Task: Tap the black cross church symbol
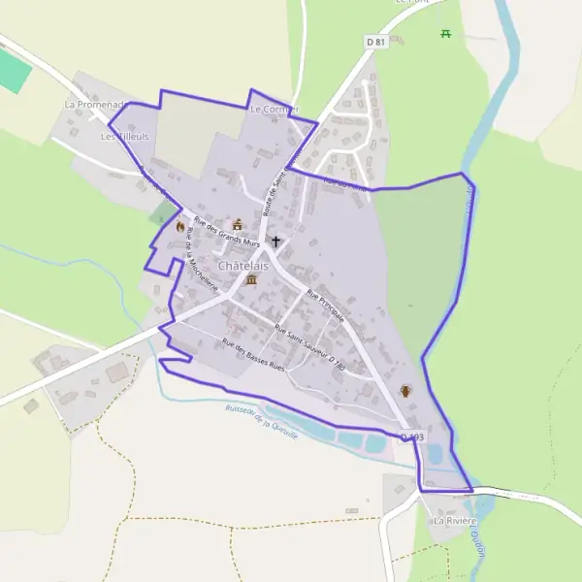click(275, 241)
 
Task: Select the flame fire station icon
click(179, 226)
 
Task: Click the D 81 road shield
click(376, 42)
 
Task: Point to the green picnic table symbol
click(446, 34)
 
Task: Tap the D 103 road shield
click(411, 437)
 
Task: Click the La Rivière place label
click(455, 521)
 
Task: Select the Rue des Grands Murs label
click(227, 230)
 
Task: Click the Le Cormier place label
click(274, 110)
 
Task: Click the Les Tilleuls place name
click(125, 138)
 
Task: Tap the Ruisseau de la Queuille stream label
click(260, 421)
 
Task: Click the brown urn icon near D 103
click(405, 391)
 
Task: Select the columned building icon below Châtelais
click(251, 280)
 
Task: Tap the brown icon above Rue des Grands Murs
click(238, 223)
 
